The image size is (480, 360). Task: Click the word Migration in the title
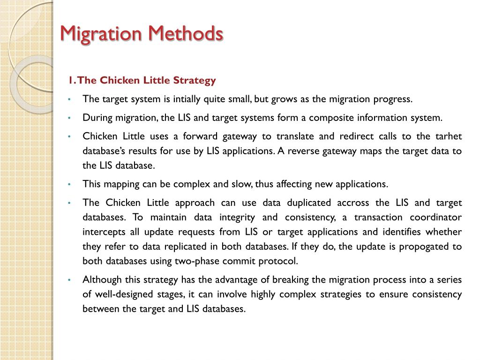coord(100,34)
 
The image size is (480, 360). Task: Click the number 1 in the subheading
coord(70,81)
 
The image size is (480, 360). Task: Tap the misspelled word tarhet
coord(449,136)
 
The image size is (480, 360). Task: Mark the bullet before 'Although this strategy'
coord(69,280)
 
